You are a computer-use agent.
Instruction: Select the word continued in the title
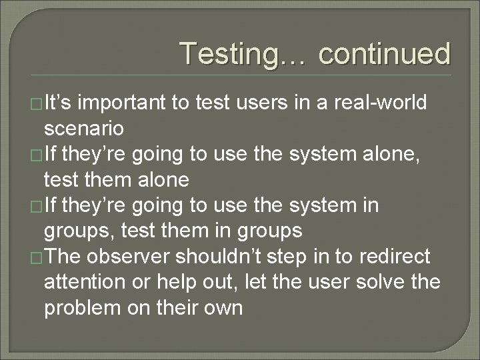384,54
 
